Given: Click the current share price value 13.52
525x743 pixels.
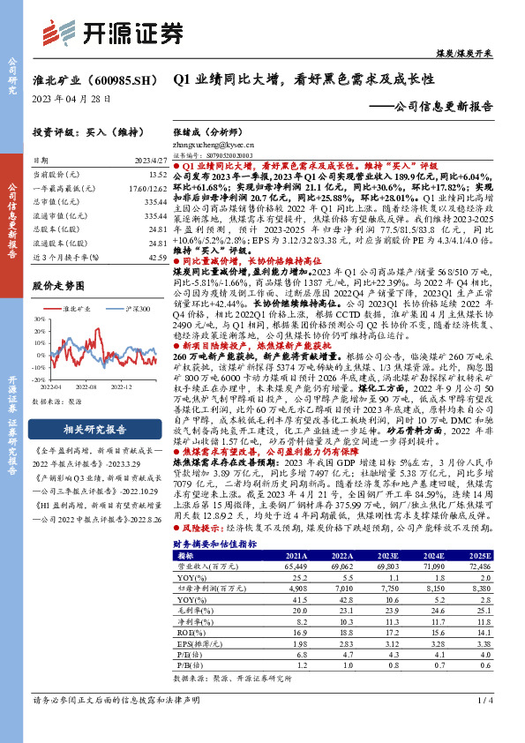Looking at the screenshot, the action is click(155, 176).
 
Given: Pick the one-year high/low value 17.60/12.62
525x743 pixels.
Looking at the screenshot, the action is click(147, 189).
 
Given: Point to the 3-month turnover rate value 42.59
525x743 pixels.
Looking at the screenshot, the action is click(155, 256).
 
